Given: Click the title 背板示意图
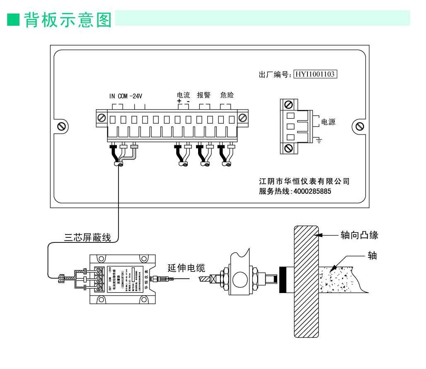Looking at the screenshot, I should point(68,19).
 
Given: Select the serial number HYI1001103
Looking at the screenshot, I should point(315,74).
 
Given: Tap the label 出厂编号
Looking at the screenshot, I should point(273,75).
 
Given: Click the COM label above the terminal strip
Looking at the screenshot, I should point(123,96).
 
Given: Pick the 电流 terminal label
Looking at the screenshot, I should point(183,95).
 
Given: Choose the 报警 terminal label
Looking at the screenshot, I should point(203,95).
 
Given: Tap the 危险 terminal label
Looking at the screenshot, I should point(227,95).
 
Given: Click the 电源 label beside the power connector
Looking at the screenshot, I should point(328,122).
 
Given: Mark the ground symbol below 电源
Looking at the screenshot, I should point(319,142).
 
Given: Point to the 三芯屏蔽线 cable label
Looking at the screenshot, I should point(87,238).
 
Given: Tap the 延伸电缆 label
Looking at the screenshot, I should point(186,268).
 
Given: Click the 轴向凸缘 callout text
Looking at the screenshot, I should point(359,235).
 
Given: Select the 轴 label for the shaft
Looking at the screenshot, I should point(372,256).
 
